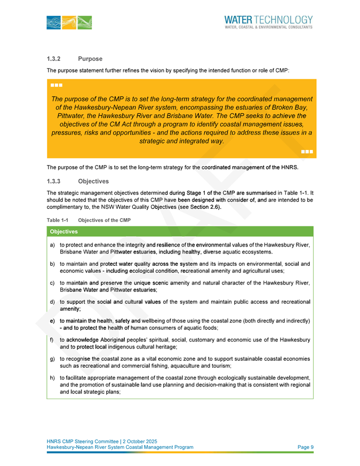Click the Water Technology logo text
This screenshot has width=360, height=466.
[269, 19]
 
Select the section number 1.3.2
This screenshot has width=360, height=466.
[55, 59]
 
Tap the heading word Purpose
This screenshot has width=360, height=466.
[90, 59]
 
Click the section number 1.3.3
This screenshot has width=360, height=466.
[55, 181]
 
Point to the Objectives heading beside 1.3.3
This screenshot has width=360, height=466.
[93, 181]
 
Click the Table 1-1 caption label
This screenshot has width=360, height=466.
[57, 220]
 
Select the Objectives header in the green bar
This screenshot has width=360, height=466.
[63, 232]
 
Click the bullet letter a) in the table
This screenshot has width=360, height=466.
[52, 244]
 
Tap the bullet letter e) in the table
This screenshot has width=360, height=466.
[52, 321]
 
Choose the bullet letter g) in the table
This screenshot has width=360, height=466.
[52, 359]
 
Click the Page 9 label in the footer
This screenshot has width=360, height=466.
[305, 447]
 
